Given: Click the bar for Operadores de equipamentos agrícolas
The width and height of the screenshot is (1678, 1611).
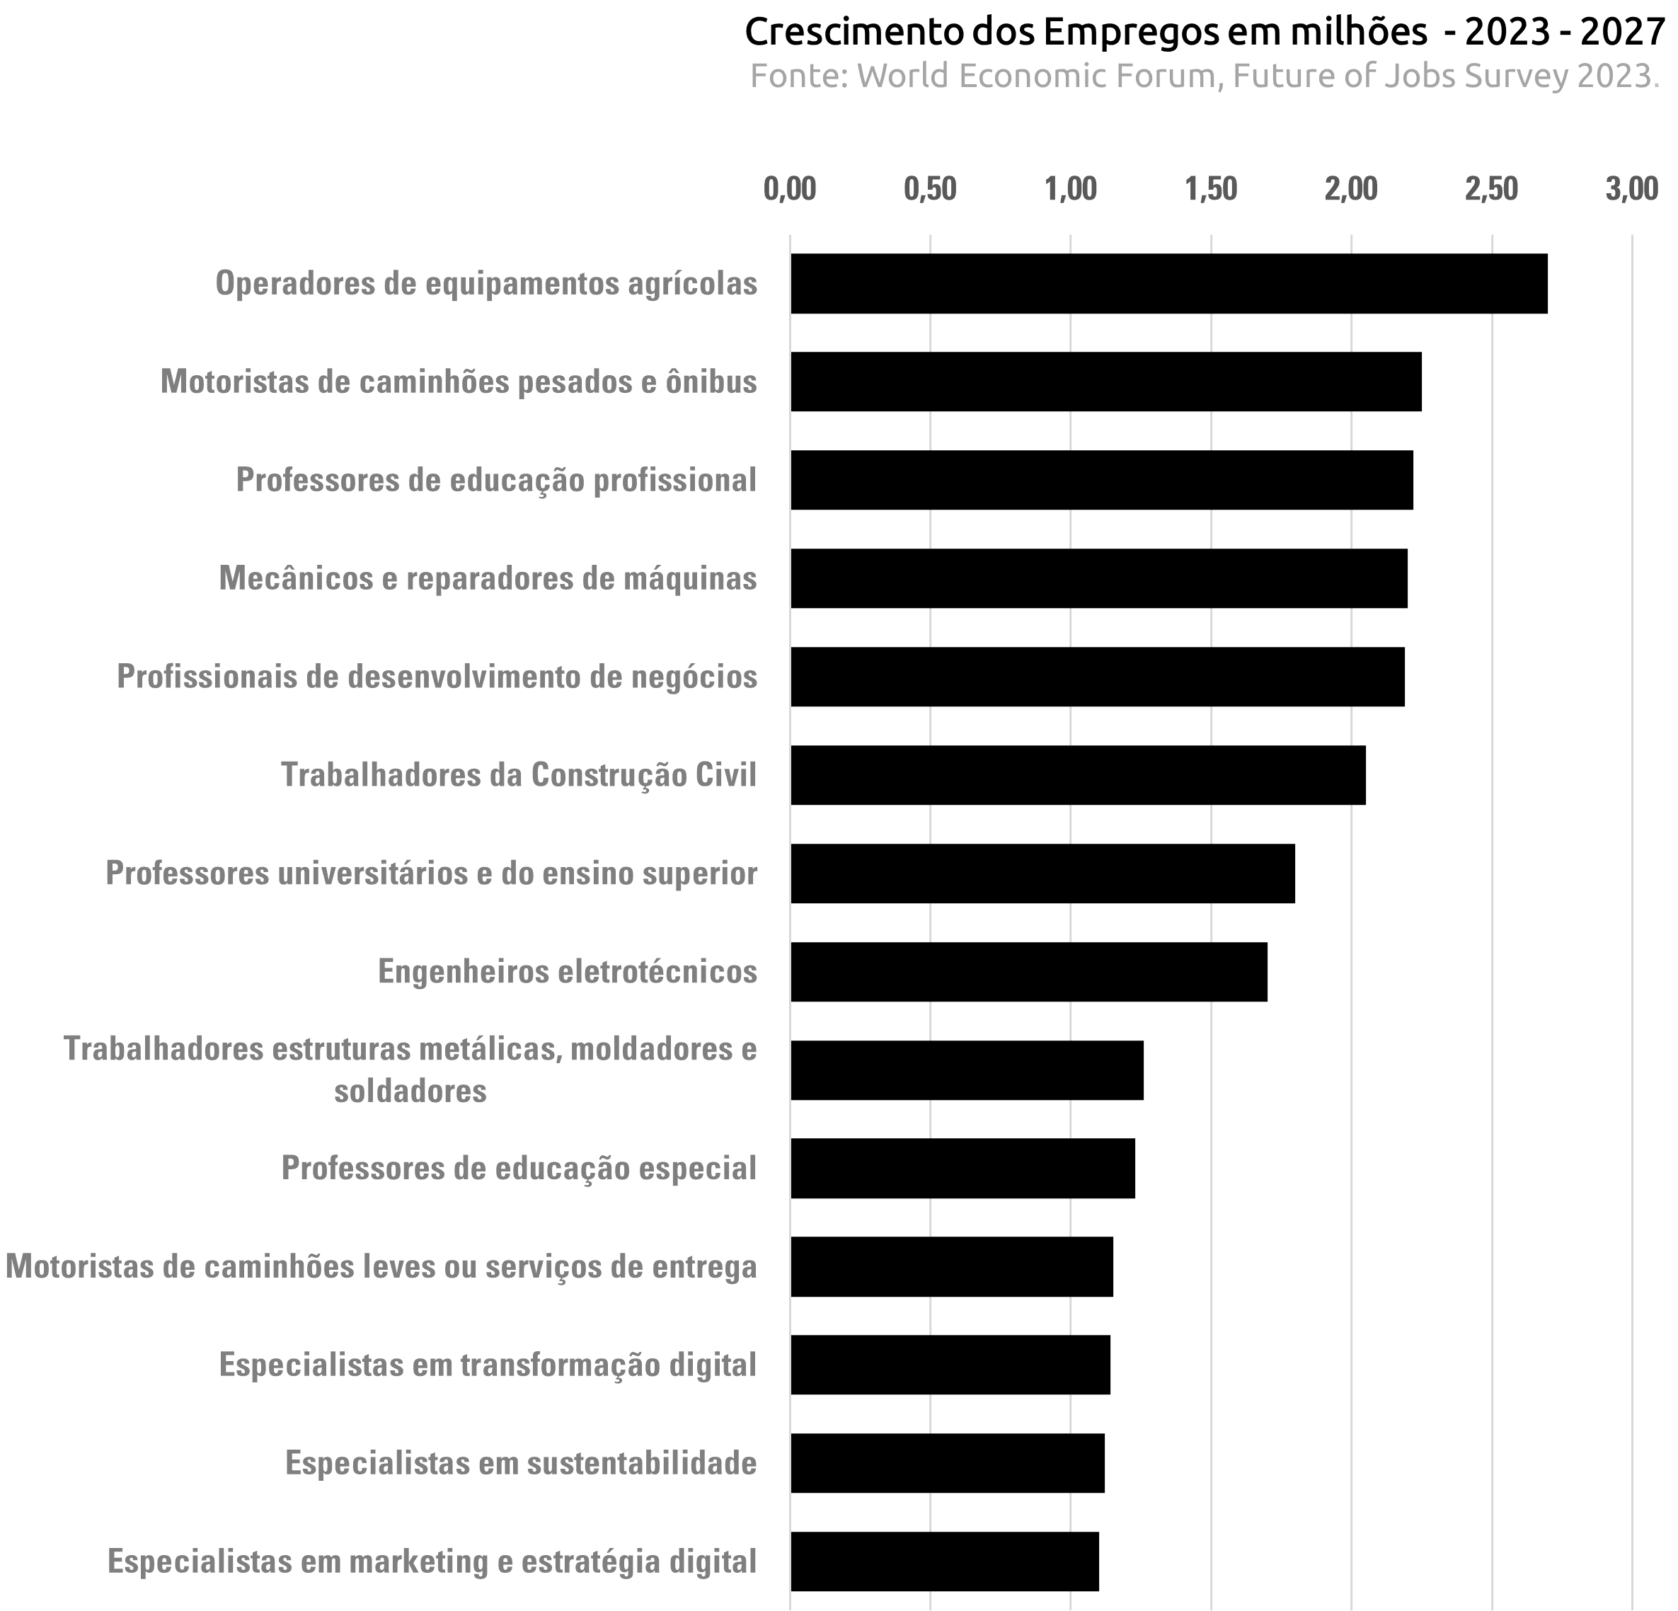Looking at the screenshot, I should (1168, 284).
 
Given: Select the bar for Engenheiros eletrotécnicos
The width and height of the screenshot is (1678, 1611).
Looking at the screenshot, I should (1028, 972).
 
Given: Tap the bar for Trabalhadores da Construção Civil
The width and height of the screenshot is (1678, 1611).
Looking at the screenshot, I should (1078, 775).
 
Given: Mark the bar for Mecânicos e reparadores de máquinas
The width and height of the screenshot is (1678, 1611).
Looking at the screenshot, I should (1098, 578).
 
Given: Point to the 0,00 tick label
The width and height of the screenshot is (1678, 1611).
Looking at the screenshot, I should (789, 189).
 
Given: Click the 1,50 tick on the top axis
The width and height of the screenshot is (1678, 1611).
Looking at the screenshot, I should (1212, 189).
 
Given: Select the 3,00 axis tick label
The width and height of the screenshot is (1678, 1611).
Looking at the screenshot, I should (1632, 189).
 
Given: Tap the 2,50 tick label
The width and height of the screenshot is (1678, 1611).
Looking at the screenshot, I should (1491, 189).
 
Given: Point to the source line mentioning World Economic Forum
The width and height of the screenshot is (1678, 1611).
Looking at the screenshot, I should (1205, 76).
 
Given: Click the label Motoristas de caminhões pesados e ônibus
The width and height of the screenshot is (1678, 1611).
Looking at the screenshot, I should (459, 382).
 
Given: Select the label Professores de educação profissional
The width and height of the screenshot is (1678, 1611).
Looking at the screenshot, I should (497, 481).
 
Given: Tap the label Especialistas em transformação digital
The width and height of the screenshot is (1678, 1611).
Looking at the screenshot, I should (488, 1365).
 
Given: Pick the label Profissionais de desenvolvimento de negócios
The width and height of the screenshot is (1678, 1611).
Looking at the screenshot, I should (437, 677).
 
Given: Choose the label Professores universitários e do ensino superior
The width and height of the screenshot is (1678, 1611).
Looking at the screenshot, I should (432, 873).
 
